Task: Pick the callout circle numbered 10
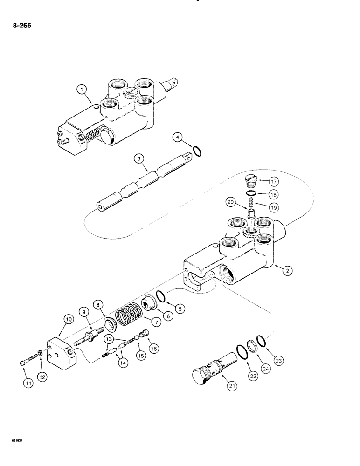pos(68,320)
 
